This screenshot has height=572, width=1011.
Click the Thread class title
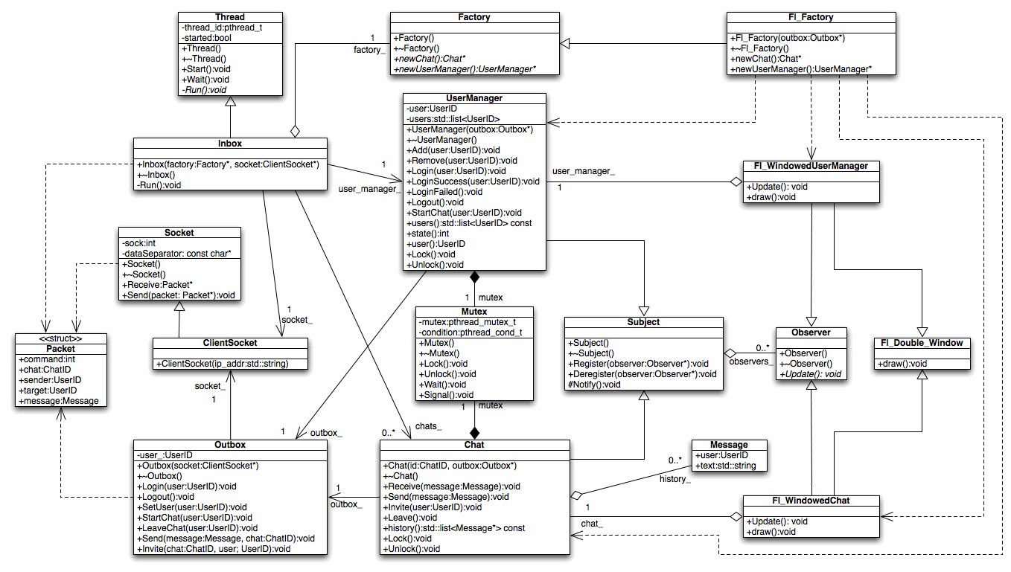[x=230, y=17]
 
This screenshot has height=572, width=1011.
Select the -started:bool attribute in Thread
[x=206, y=38]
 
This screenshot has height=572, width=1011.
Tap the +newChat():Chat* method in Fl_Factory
[x=765, y=59]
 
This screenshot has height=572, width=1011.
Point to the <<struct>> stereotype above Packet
[x=60, y=338]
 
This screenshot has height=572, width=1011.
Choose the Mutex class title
[x=474, y=312]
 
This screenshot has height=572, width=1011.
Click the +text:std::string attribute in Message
[x=726, y=466]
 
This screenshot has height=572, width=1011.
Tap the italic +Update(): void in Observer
[x=810, y=374]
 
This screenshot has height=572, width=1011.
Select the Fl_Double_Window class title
[x=922, y=343]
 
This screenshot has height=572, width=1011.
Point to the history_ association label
[x=674, y=479]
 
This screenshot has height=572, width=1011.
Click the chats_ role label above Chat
[x=428, y=426]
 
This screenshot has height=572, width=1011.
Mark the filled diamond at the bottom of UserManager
[x=474, y=277]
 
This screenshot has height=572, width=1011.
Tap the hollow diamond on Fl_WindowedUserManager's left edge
[x=736, y=181]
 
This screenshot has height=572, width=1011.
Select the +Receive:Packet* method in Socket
[x=157, y=285]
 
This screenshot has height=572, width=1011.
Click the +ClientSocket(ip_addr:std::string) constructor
[x=222, y=364]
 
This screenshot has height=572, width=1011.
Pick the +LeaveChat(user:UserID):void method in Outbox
[x=197, y=528]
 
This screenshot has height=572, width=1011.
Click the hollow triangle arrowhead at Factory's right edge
[x=564, y=44]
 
